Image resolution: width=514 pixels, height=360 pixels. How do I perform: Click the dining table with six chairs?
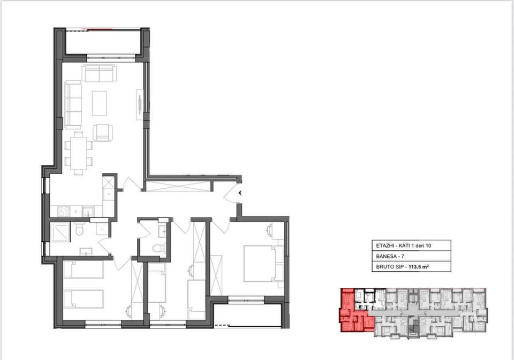(78, 154)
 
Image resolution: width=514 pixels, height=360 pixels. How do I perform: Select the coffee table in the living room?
(100, 103)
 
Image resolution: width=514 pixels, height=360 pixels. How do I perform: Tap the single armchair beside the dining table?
(103, 133)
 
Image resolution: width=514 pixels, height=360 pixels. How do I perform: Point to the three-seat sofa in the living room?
(73, 105)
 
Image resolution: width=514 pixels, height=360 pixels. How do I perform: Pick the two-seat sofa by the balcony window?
(99, 73)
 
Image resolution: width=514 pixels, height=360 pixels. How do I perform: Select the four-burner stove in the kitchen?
(64, 211)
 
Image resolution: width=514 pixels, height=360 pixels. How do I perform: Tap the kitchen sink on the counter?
(87, 211)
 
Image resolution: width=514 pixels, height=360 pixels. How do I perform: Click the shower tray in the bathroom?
(60, 232)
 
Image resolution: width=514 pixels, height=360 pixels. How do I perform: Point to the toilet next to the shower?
(79, 229)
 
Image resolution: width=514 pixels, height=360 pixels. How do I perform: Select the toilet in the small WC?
(159, 248)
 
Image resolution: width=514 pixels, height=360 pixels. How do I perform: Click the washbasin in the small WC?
(163, 231)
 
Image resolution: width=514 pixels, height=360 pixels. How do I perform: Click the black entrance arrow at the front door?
(240, 193)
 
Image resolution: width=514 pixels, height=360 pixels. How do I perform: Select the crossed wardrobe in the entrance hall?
(178, 186)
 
